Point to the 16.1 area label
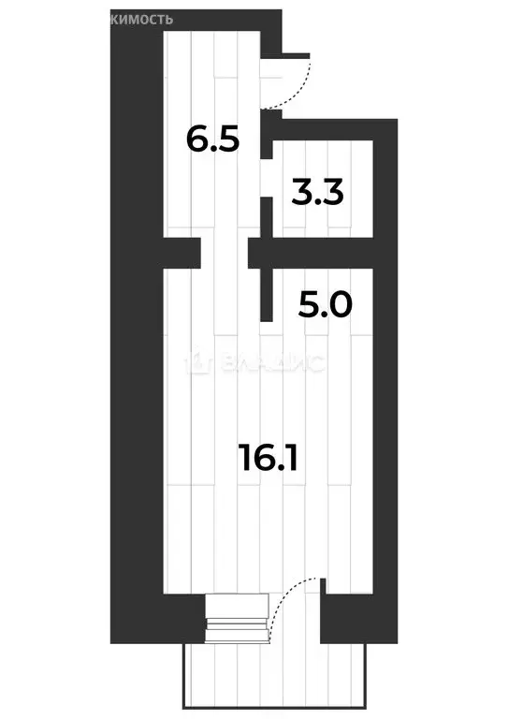pos(271,458)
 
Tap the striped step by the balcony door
pos(231,619)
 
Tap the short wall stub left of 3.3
pos(266,216)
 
